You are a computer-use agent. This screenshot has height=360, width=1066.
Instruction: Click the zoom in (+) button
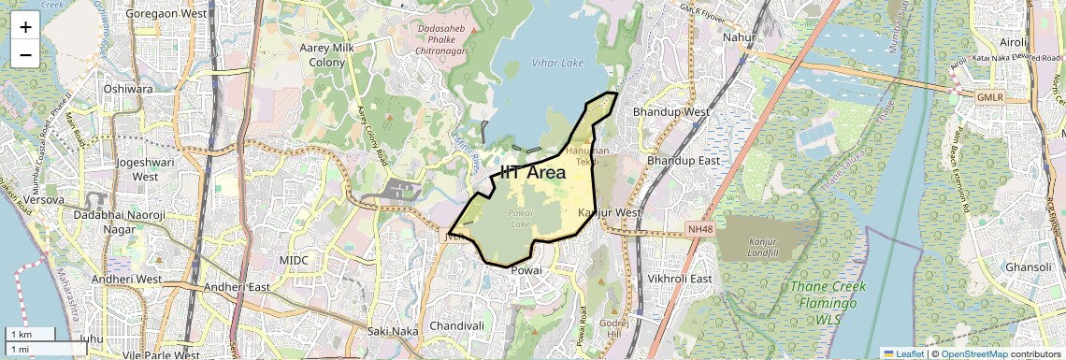tap(25, 26)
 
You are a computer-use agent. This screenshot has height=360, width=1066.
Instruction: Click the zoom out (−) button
tap(25, 54)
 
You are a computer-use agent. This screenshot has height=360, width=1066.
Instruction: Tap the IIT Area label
tap(533, 172)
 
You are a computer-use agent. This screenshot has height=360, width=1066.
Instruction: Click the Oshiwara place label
tap(128, 89)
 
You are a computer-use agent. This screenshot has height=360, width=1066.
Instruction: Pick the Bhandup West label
tap(671, 111)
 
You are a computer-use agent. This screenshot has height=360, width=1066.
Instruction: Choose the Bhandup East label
tap(684, 161)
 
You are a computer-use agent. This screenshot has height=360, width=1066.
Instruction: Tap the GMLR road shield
tap(988, 97)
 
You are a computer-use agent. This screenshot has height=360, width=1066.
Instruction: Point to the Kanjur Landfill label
tap(763, 248)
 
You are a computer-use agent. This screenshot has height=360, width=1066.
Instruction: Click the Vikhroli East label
tap(680, 279)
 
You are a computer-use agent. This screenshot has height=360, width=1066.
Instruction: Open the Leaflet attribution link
tap(902, 353)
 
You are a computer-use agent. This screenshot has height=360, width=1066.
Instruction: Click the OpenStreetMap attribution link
tap(974, 353)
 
